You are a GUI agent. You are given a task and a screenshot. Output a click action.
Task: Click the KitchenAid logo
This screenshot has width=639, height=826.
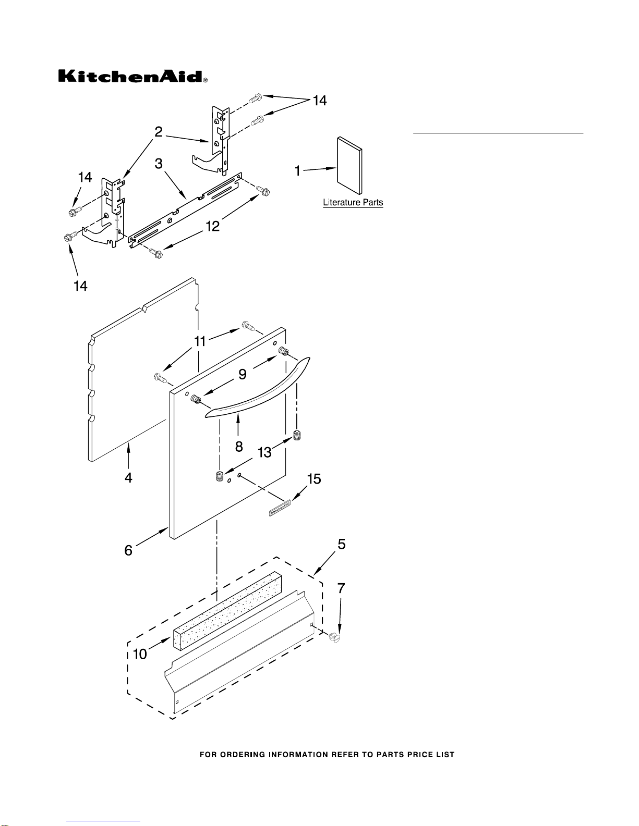[x=132, y=77]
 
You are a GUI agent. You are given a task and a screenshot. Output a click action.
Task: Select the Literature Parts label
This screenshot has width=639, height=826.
[x=353, y=202]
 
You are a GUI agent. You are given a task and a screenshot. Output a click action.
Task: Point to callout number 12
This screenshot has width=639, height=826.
[x=212, y=226]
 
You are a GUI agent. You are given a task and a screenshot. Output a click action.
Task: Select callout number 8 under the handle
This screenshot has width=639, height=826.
[x=239, y=446]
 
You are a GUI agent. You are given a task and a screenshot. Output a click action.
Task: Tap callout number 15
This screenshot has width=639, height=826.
[x=314, y=479]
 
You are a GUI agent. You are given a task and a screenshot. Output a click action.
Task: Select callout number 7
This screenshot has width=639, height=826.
[x=341, y=589]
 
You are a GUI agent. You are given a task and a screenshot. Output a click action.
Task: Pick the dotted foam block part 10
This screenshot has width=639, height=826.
[x=227, y=610]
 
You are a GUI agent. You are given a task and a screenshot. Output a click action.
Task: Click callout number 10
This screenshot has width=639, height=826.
[x=140, y=654]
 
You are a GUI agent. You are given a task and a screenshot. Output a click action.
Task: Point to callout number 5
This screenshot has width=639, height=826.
[x=341, y=545]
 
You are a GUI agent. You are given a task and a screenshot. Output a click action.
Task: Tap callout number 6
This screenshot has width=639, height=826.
[x=128, y=550]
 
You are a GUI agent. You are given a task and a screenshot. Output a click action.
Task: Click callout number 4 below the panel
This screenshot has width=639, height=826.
[x=128, y=477]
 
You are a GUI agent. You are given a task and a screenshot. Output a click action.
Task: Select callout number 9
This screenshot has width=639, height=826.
[x=243, y=374]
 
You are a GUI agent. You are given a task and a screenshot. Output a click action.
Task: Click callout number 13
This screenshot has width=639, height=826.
[x=265, y=452]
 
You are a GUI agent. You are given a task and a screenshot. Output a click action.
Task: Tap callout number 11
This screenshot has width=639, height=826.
[x=200, y=341]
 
